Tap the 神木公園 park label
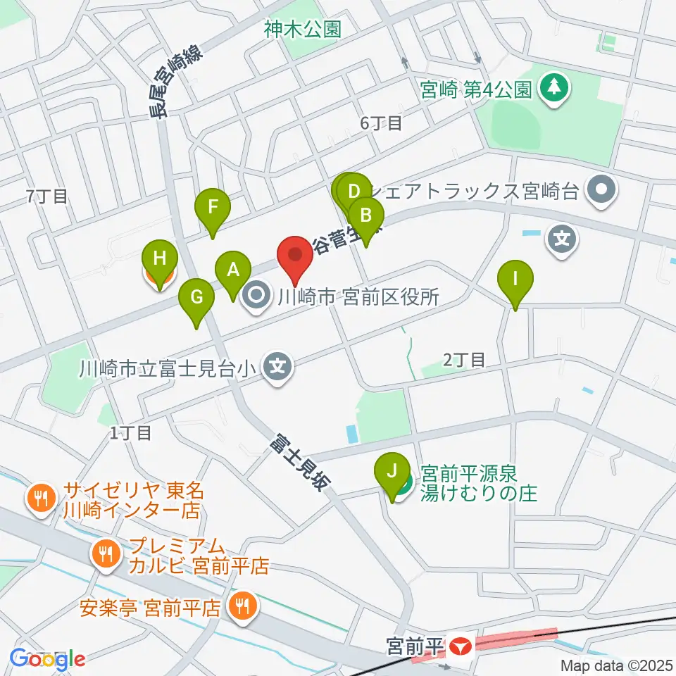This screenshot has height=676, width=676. click(303, 29)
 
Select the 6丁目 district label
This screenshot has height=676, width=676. click(381, 123)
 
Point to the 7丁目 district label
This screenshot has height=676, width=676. click(47, 196)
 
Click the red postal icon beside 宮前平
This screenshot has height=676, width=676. click(461, 645)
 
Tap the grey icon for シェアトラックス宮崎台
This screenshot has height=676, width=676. click(601, 190)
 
